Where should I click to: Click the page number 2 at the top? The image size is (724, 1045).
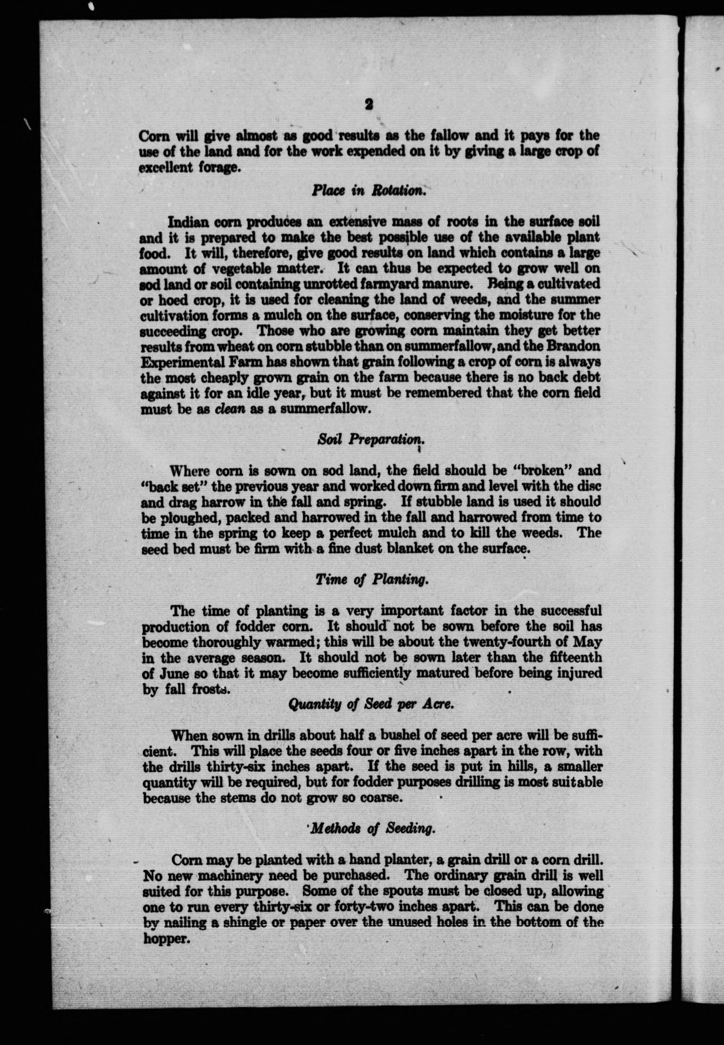coord(369,105)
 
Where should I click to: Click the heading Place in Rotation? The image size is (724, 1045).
coord(368,191)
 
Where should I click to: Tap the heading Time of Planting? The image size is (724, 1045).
coord(371,579)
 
